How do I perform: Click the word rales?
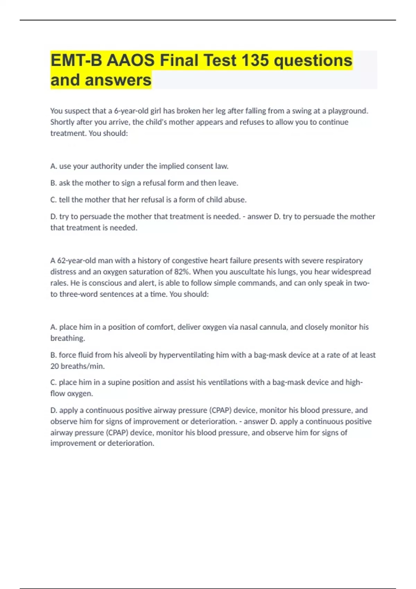coord(59,283)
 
